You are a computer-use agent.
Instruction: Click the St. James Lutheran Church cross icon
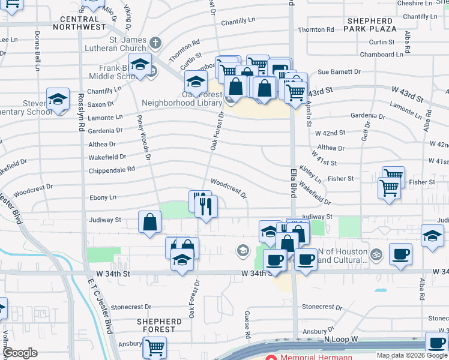[x=155, y=43]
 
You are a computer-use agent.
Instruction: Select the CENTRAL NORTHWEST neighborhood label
[x=79, y=23]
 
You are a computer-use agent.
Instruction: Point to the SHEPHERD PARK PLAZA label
[x=370, y=25]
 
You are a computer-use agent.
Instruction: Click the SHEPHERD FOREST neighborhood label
[x=159, y=325]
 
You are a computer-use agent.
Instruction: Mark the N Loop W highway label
[x=340, y=340]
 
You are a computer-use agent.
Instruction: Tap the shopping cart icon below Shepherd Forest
[x=155, y=347]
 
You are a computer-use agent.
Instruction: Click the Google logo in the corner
[x=20, y=353]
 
